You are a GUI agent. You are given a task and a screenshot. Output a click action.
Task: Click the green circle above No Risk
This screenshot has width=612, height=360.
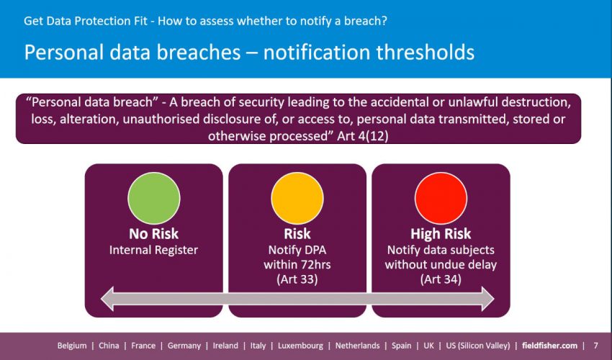click(154, 198)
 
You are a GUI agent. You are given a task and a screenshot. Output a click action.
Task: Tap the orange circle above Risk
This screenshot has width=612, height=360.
click(297, 198)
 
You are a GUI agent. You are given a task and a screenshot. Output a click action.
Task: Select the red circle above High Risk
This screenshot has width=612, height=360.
click(441, 198)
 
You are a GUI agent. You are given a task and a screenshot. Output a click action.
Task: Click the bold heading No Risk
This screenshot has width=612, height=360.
click(154, 233)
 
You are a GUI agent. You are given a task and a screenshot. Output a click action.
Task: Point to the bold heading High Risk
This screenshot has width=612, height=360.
click(441, 234)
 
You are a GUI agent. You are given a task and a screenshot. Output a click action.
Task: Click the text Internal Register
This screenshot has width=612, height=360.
click(154, 250)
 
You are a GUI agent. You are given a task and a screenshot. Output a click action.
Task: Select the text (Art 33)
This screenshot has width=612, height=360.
click(297, 279)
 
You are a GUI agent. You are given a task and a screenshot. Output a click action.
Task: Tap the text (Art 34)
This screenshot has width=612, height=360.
click(441, 279)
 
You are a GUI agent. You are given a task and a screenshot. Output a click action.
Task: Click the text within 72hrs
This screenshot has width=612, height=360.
click(297, 265)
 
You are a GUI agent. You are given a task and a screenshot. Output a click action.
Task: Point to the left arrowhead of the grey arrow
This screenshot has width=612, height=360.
click(107, 299)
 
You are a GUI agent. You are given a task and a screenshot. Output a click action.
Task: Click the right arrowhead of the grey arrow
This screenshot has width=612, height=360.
click(488, 299)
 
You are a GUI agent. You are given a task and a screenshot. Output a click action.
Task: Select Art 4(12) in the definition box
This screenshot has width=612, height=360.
click(363, 136)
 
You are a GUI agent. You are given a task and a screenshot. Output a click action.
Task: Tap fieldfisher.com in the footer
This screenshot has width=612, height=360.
click(549, 346)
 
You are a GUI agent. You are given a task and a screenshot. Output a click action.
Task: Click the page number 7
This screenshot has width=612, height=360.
click(595, 346)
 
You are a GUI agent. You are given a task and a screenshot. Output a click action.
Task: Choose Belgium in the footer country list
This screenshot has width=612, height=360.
click(72, 346)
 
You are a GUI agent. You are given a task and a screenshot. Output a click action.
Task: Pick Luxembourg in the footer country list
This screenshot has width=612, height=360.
click(300, 346)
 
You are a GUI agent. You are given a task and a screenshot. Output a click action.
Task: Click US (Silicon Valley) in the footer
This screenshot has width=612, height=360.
click(478, 346)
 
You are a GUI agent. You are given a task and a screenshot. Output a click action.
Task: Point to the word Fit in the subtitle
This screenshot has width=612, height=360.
click(141, 21)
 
